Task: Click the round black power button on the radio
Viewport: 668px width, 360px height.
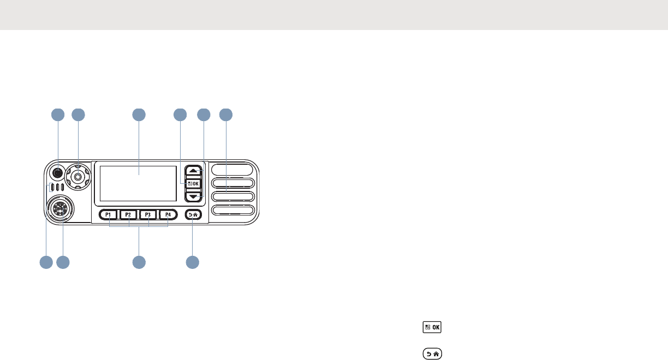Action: (x=57, y=173)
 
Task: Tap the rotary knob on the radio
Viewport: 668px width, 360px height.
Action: (x=79, y=176)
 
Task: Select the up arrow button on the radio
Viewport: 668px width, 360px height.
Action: (x=193, y=171)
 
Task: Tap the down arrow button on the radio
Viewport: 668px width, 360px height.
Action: (x=193, y=196)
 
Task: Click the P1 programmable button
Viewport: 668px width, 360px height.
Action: (x=109, y=215)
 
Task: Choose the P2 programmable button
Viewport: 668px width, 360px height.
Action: (x=128, y=215)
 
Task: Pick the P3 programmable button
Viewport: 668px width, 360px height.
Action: (x=148, y=215)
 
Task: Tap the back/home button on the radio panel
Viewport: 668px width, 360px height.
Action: (x=193, y=215)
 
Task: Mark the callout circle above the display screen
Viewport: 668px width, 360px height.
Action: (x=139, y=115)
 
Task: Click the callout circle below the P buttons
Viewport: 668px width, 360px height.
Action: (x=139, y=262)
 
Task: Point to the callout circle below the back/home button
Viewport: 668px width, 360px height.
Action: (x=192, y=262)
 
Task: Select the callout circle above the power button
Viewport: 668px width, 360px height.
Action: (x=57, y=115)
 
